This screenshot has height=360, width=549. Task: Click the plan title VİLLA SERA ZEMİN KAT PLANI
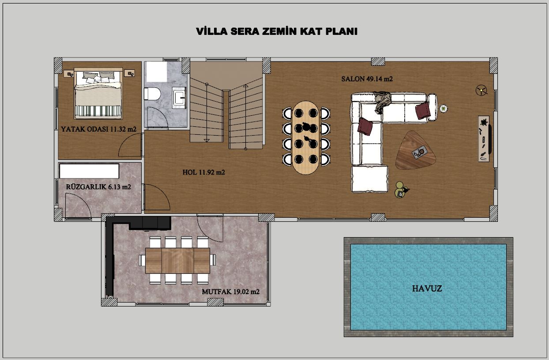pos(277,31)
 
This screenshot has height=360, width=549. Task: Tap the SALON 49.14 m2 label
pos(367,79)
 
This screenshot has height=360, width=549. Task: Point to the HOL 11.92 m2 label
pos(204,172)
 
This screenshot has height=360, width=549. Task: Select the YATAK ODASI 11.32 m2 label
pos(98,129)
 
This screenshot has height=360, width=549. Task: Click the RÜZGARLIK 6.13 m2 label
pos(98,187)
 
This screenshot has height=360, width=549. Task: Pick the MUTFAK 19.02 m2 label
pos(231,292)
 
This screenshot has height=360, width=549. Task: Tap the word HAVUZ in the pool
pos(427,288)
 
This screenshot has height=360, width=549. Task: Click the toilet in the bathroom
pos(152,94)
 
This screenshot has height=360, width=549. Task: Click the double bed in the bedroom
pos(98,94)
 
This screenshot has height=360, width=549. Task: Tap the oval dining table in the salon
pos(306,137)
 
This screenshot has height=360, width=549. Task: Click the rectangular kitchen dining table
pos(177,261)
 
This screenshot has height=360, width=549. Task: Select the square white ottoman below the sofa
pos(370,179)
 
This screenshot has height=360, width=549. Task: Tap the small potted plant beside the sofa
pos(444,108)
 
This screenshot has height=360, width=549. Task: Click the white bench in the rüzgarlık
pos(89,171)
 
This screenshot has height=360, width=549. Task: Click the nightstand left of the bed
pos(69,74)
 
